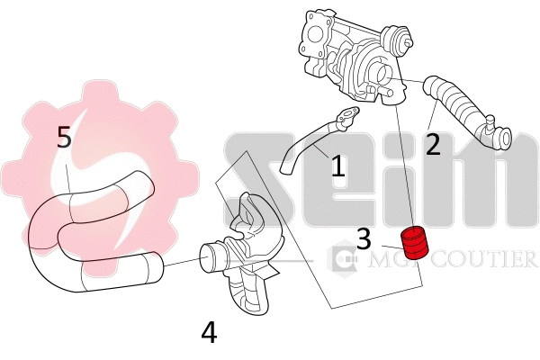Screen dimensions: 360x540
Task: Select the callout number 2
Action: pos(433,144)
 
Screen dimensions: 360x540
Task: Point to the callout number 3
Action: pos(364,238)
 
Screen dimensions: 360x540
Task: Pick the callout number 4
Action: pos(209,333)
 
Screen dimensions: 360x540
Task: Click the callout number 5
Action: pos(64,138)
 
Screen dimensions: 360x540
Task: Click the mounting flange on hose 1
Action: pos(347,114)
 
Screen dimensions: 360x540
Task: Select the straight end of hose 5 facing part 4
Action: pos(153,264)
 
